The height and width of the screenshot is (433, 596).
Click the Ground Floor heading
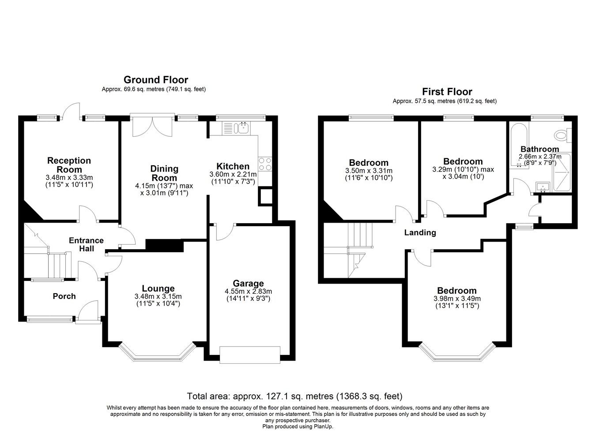(156, 80)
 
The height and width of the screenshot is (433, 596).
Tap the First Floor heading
(447, 92)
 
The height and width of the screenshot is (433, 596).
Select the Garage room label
(248, 284)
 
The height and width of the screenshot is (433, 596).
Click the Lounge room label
(158, 288)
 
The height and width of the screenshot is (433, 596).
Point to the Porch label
(64, 296)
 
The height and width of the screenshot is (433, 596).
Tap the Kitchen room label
(233, 166)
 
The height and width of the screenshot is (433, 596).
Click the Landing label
(420, 232)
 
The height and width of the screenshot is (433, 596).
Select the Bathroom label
(539, 149)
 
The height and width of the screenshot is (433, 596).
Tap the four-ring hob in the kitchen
(265, 164)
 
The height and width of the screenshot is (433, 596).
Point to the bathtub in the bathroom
(519, 146)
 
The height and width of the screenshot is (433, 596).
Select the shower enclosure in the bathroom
(562, 172)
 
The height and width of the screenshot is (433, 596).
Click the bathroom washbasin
(543, 187)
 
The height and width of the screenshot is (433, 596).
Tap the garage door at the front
(250, 355)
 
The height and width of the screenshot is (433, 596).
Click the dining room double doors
(152, 127)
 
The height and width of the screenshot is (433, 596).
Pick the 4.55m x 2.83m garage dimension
(248, 291)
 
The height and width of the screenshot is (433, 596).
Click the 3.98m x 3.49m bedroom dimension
(457, 299)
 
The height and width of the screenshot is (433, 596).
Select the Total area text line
(294, 396)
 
